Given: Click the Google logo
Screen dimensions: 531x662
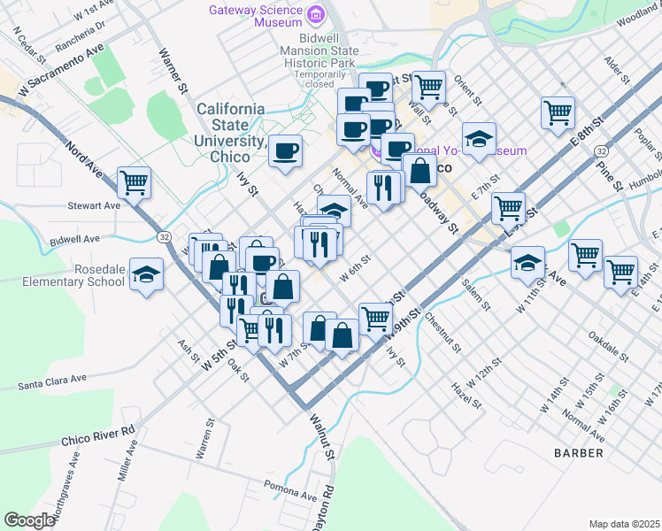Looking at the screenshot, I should point(29,520).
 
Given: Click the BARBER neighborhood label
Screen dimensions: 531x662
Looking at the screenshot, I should point(579,453).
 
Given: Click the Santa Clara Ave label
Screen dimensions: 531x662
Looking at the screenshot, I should point(52,382).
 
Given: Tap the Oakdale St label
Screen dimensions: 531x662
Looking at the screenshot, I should point(609,348).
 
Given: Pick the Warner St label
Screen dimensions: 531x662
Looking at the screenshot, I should point(173,72).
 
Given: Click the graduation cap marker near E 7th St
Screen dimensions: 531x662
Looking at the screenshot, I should point(479,140).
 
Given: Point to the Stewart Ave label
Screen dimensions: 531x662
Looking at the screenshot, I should point(94,205).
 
